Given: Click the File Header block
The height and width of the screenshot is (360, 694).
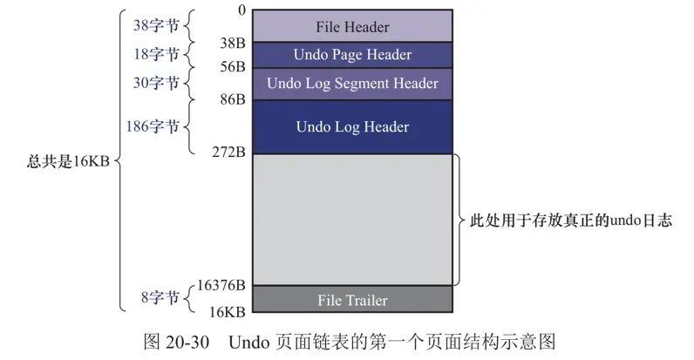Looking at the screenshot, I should [x=351, y=27].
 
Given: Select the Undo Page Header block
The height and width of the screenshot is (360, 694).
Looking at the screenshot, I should [x=351, y=55].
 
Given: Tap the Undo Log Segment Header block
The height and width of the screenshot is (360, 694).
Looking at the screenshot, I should [x=351, y=84].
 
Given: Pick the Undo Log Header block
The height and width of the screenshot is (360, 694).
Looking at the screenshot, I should [x=351, y=127].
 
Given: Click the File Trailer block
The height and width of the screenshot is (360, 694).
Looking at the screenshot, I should [x=351, y=300].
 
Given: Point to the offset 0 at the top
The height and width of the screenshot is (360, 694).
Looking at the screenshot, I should [x=241, y=10].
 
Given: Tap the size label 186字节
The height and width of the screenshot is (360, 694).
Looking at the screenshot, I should [x=153, y=127].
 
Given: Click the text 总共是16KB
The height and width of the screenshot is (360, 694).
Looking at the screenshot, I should [x=67, y=162].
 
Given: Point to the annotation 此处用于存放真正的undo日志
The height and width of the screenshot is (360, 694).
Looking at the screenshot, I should [x=570, y=221].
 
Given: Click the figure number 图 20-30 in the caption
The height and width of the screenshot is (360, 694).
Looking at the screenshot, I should [x=175, y=341].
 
